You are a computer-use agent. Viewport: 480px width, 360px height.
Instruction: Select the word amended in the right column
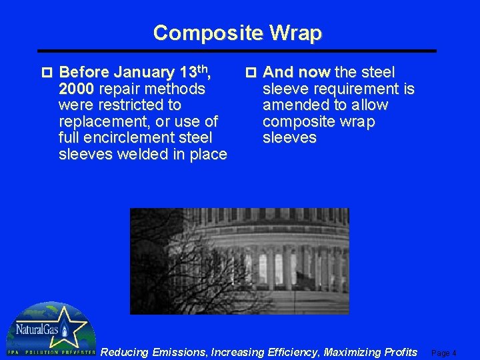coord(293,105)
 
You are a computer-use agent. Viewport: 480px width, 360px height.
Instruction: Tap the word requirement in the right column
coord(350,89)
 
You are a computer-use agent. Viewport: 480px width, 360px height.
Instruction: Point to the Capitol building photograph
coord(239,261)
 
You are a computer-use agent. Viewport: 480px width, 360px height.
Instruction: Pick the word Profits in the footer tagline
coord(398,352)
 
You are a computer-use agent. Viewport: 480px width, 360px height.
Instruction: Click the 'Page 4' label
coord(444,353)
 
